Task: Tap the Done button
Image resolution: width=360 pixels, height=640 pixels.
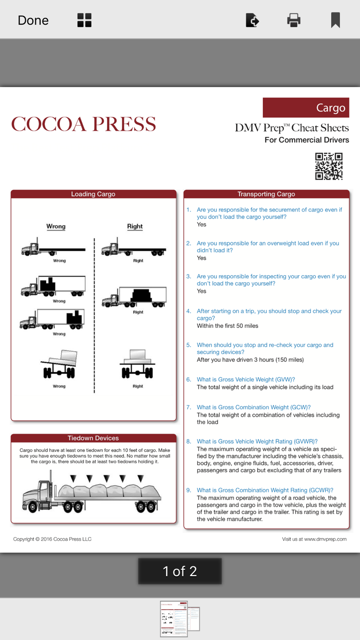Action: (x=33, y=20)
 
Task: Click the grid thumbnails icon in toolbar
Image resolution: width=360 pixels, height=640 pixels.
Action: (x=84, y=20)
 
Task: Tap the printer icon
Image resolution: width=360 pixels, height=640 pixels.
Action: (x=294, y=20)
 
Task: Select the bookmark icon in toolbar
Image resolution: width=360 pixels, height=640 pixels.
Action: (x=335, y=20)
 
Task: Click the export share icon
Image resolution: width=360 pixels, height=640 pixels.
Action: (x=252, y=20)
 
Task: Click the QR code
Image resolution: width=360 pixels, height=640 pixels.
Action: (x=329, y=166)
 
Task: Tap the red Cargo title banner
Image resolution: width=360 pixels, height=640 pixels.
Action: (x=305, y=108)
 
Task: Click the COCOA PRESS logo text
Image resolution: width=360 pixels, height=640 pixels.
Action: (x=83, y=124)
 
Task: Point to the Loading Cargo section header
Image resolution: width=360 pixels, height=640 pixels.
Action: (x=93, y=194)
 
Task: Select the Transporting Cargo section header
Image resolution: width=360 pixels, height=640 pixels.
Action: (x=266, y=194)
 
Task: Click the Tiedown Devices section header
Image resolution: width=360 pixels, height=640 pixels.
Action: (x=93, y=438)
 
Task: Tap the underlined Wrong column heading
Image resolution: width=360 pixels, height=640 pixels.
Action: (x=56, y=226)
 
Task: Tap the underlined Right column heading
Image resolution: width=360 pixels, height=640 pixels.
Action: (x=135, y=226)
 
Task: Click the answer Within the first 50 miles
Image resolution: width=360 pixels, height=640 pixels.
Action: (x=227, y=326)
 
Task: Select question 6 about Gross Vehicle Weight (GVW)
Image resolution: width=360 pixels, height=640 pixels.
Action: (x=245, y=379)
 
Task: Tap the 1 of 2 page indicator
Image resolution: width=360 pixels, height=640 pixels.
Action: (x=179, y=571)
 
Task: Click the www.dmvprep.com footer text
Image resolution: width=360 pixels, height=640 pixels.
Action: (x=314, y=539)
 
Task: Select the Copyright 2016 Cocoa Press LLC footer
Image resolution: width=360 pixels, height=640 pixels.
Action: (x=52, y=539)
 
